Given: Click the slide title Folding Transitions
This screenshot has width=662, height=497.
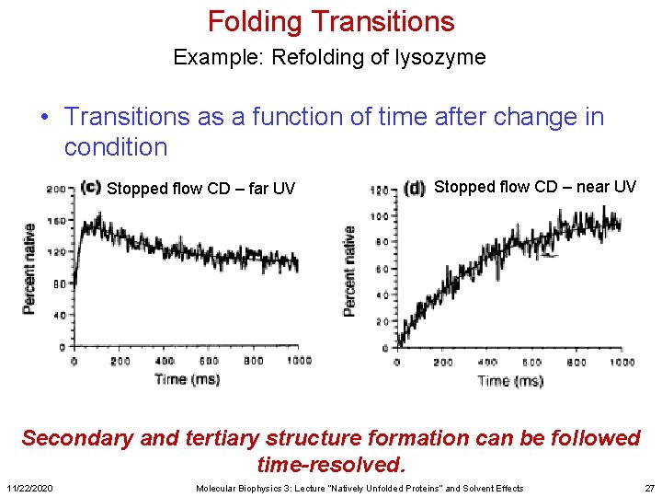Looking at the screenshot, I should point(330,21).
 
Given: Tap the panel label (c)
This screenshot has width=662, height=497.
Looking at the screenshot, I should point(90,187).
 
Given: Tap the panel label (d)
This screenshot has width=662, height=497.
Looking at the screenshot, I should point(415,188).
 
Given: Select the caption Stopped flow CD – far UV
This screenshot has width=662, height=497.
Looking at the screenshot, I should point(201,189).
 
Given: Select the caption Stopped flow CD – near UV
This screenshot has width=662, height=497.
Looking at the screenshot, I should point(534,187).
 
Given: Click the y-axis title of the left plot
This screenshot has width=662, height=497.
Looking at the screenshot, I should point(30,268).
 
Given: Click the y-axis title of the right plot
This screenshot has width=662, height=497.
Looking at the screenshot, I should point(349,272).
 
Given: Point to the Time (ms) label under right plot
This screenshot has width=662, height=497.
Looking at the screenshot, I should point(510,380).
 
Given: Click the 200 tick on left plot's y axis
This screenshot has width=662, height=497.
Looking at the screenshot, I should point(58,190).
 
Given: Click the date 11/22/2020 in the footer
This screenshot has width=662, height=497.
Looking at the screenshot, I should point(32,488).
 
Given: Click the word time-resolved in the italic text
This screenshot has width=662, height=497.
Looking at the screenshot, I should point(330,463).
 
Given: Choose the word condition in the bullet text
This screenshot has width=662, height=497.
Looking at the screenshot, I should point(116,147).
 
